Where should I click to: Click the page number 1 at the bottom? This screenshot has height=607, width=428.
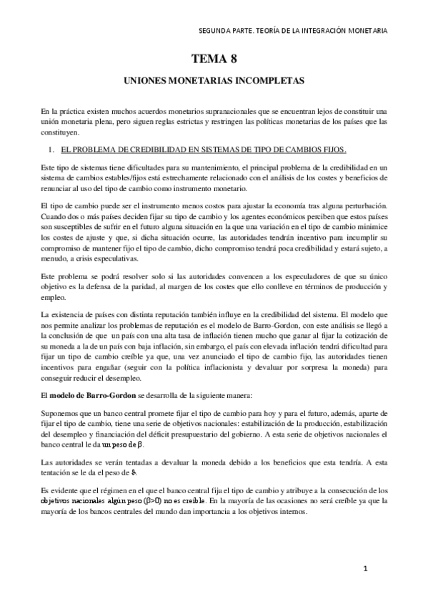(365, 568)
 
